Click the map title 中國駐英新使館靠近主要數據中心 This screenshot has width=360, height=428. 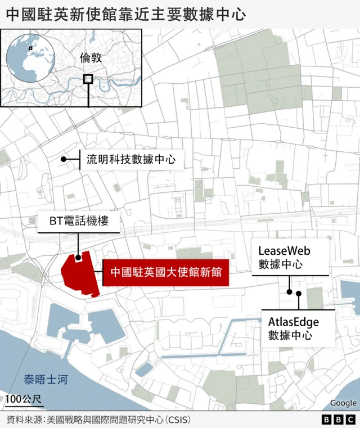point(126,13)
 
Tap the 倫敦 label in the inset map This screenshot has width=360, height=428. point(92,58)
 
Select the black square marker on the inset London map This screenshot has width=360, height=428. point(88,79)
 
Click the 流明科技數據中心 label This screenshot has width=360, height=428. point(131,160)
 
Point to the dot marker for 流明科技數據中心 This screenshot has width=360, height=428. point(64,160)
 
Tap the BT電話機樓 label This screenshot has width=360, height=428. point(79,222)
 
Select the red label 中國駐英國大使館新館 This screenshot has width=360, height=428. point(165,273)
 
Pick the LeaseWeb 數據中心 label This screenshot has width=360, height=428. point(284,256)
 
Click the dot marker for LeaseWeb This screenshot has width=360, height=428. point(289,291)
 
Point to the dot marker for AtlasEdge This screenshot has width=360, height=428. point(299,294)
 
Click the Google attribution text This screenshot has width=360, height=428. point(343,403)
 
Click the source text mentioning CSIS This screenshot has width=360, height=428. point(98,420)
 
